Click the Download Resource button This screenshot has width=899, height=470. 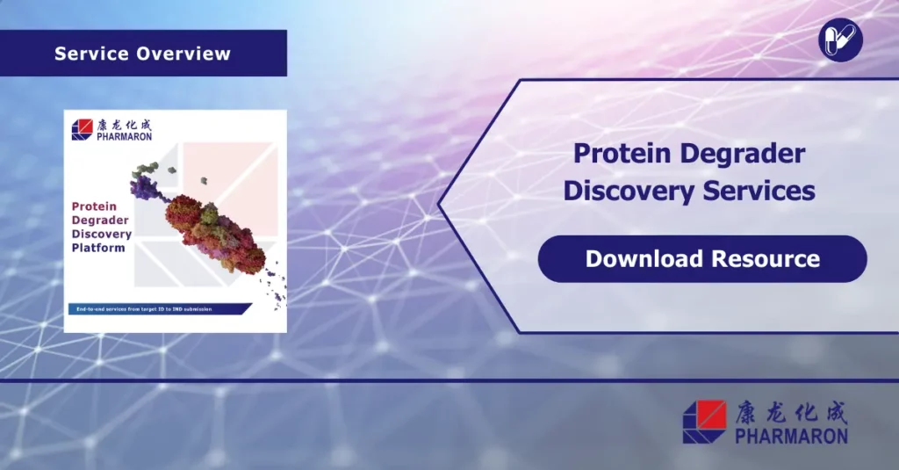click(702, 259)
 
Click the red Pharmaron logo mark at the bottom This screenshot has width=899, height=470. click(704, 422)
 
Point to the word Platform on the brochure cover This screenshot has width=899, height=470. click(98, 248)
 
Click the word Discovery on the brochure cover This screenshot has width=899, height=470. click(102, 235)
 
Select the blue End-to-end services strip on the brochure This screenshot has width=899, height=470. click(158, 308)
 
